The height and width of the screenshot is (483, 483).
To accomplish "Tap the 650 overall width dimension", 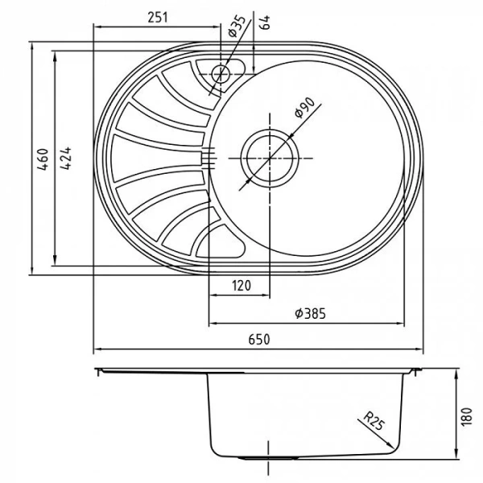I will pos(258,340).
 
